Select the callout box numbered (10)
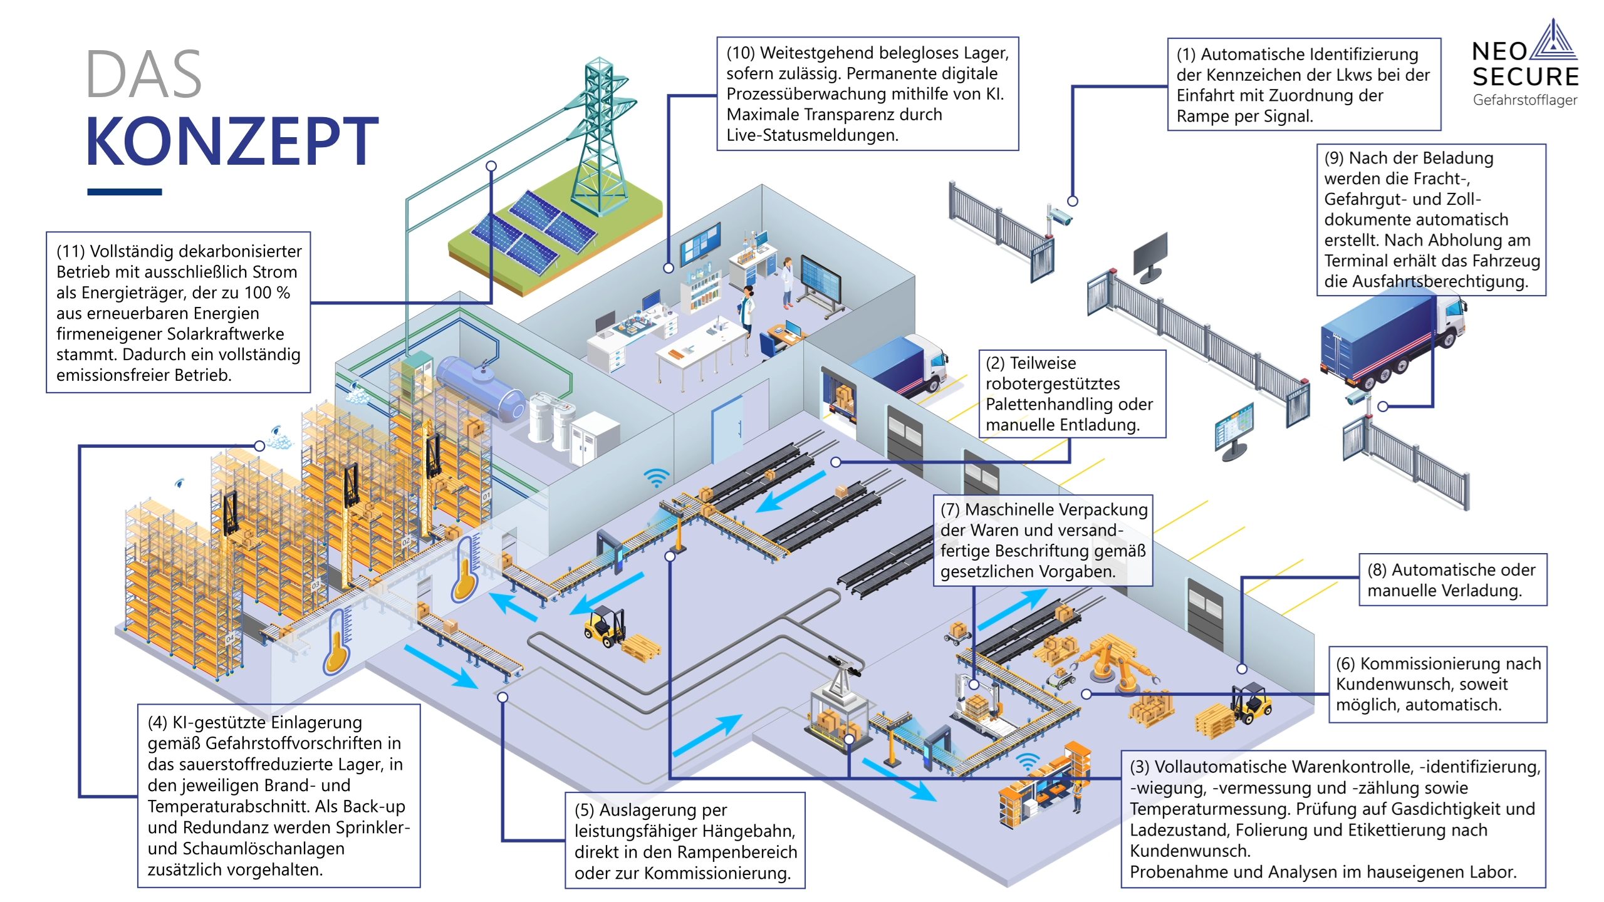(x=867, y=94)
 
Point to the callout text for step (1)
(x=1303, y=85)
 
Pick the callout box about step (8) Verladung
(x=1452, y=579)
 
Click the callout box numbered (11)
(x=179, y=313)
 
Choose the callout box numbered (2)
(x=1071, y=393)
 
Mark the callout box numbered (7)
(x=1043, y=540)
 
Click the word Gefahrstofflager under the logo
(x=1524, y=100)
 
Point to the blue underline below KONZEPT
(x=124, y=192)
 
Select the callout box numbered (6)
(x=1437, y=684)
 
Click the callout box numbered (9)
(x=1431, y=219)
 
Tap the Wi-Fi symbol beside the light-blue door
(x=656, y=477)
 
